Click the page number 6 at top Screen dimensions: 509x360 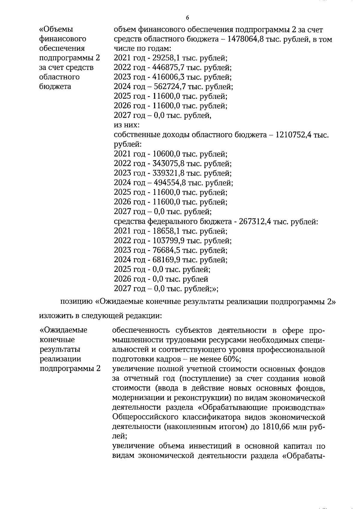(187, 18)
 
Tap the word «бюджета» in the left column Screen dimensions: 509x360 (55, 87)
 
